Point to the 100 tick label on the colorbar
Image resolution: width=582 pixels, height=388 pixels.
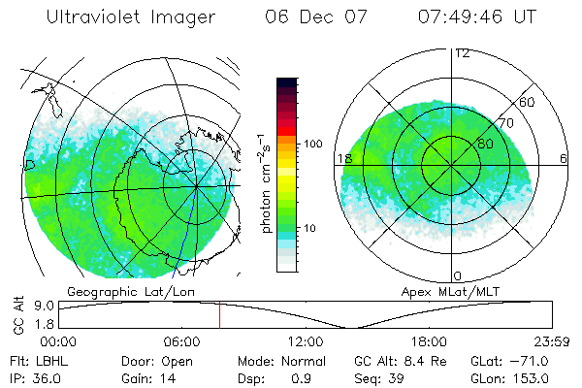pos(313,144)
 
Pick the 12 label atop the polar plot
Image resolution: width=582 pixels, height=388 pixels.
pos(462,53)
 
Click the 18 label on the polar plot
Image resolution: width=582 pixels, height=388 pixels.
pos(343,158)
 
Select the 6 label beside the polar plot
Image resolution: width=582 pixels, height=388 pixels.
pos(565,158)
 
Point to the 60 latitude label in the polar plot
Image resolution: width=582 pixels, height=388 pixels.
pos(528,102)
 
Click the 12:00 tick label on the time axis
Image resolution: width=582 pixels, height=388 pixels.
pos(306,341)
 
